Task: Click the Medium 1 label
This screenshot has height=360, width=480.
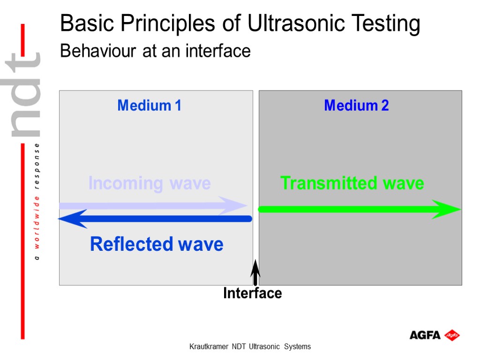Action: point(149,105)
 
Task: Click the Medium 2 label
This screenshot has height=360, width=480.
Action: point(356,105)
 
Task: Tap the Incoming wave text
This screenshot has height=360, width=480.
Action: point(150,183)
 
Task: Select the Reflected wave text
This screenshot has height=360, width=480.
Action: point(157,244)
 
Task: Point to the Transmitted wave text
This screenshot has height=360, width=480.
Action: point(352,183)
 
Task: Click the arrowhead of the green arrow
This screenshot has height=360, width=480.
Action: point(448,209)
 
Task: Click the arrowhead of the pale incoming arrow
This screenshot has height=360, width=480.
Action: point(234,205)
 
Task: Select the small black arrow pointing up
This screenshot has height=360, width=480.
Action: point(255,272)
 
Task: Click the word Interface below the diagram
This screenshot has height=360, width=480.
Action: point(252,293)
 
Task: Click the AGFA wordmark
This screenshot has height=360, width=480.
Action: point(425,335)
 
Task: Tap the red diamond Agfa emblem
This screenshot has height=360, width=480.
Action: point(452,335)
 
